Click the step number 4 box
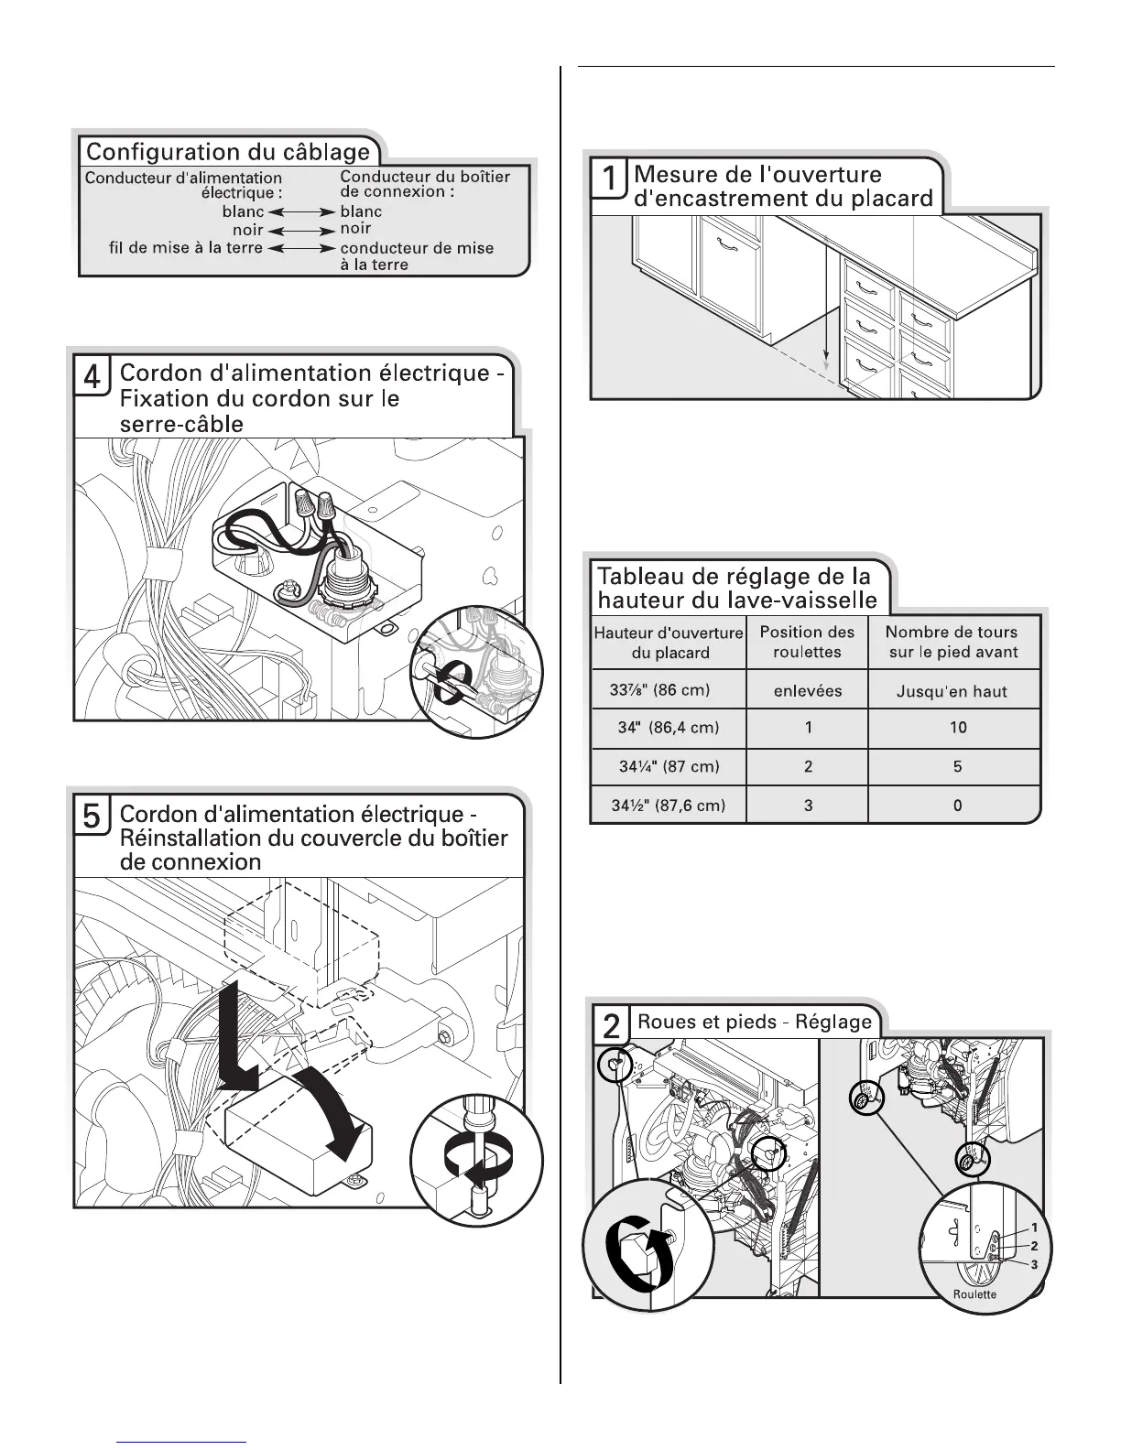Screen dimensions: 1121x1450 [x=92, y=376]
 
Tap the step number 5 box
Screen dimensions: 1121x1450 [x=92, y=816]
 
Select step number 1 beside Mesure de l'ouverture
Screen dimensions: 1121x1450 [x=609, y=179]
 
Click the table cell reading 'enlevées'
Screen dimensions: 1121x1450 [x=807, y=691]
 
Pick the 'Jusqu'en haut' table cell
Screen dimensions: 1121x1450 [x=952, y=691]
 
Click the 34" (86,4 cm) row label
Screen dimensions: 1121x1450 [x=669, y=728]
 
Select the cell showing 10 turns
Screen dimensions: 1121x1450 [x=957, y=728]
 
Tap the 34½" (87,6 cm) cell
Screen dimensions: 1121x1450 [x=669, y=806]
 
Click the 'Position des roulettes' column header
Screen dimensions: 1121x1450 [x=807, y=642]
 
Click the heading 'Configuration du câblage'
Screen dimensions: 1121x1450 [x=228, y=152]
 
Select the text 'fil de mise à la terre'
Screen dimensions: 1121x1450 [x=186, y=247]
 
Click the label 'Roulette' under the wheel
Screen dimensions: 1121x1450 [x=974, y=1294]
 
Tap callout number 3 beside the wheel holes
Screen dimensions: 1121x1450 [x=1034, y=1264]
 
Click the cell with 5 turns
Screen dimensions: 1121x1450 [x=957, y=766]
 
